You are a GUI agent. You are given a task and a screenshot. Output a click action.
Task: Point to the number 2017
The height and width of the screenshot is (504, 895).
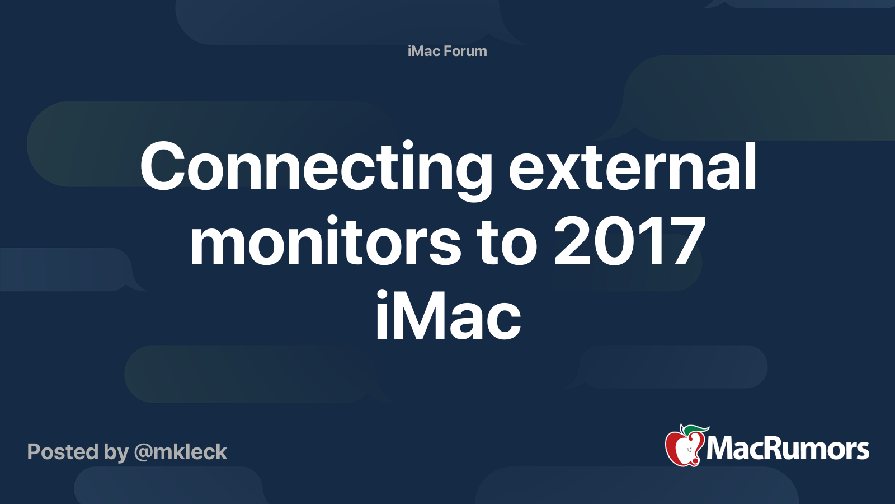point(629,242)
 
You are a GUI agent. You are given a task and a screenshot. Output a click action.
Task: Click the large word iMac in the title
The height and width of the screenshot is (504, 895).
point(447,316)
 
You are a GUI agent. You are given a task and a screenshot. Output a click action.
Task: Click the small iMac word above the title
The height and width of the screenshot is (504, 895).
point(424,51)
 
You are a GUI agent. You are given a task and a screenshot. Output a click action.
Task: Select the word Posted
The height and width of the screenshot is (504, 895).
point(63,452)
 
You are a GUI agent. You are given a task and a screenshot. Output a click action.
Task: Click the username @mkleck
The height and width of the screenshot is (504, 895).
point(181,452)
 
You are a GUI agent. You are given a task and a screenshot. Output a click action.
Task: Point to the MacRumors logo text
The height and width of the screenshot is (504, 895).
point(788,449)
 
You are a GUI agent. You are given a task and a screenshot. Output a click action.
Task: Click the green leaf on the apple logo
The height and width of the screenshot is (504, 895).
point(696,430)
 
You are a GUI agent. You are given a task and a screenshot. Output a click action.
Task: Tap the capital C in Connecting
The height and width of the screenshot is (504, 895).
point(163,167)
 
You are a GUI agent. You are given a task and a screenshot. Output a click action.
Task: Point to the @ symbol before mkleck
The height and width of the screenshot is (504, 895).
point(143,452)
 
